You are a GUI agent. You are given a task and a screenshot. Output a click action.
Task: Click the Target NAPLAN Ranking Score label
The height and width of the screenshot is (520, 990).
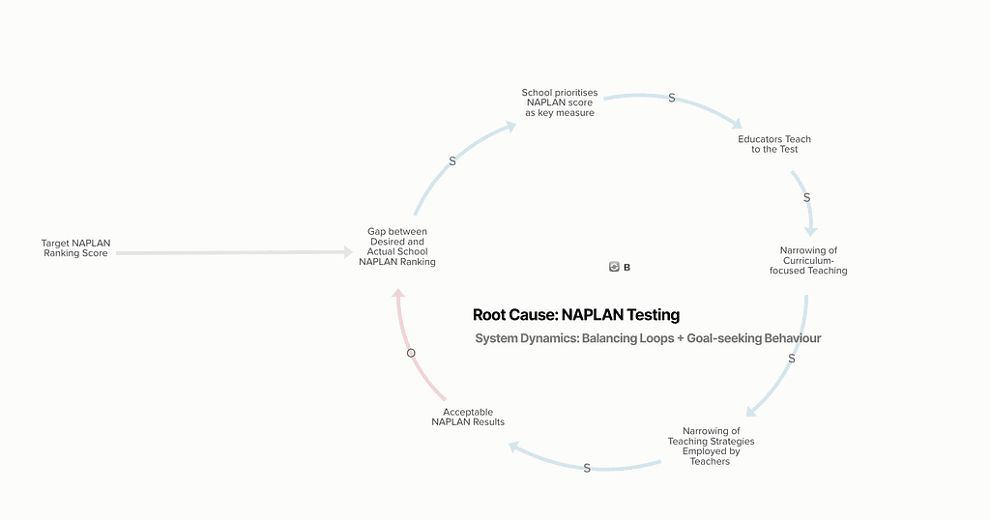75,248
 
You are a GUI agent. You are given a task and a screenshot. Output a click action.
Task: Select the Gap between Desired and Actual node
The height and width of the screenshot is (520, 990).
397,246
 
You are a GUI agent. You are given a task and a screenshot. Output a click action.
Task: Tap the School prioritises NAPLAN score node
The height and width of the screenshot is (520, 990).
560,102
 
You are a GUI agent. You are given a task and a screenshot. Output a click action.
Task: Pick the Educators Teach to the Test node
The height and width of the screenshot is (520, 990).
774,144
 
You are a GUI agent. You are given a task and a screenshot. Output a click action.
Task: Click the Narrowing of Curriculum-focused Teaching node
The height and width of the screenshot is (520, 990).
808,261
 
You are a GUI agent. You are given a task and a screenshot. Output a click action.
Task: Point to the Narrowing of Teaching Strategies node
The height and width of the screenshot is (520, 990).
711,447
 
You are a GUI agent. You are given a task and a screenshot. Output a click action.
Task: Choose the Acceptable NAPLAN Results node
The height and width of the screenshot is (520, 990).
468,418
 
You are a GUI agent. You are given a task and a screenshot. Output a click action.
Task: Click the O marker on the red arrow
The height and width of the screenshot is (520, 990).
411,353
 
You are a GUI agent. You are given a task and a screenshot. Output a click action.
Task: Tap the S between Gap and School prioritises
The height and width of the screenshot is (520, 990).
452,161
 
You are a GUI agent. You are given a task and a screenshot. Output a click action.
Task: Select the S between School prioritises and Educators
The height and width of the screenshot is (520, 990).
672,98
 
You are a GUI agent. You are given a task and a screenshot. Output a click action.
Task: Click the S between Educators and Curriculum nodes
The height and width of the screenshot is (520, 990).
807,198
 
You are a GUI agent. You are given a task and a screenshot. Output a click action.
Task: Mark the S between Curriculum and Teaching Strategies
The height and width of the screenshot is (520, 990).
792,359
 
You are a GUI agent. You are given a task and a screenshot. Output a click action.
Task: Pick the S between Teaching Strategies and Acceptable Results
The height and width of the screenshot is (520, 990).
587,468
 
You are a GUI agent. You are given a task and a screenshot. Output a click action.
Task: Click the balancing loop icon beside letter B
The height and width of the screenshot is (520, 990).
614,267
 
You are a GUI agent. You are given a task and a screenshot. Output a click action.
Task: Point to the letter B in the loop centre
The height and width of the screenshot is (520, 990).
626,268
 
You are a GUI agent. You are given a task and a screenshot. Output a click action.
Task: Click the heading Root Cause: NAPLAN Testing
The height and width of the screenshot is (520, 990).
576,315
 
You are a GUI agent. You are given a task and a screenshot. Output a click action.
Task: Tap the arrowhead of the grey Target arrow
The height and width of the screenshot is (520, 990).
348,252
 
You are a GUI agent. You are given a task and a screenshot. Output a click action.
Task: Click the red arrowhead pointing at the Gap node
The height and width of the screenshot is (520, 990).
398,294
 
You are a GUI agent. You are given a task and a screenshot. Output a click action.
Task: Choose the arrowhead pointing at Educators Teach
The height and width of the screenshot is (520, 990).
736,124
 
